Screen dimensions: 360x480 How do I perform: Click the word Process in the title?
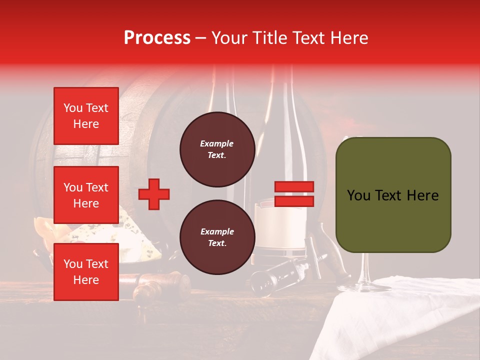157,38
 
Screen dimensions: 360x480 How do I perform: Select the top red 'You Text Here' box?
86,116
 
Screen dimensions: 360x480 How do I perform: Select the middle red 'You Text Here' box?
86,195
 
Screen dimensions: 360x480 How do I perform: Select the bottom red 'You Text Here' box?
86,272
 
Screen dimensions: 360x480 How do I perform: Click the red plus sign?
154,193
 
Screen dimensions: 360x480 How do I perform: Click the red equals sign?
294,194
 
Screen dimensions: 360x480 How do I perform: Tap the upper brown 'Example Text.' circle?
217,149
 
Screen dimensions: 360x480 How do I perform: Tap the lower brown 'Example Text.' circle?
217,237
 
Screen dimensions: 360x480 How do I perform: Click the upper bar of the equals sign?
294,187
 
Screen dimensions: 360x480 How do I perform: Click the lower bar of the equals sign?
294,201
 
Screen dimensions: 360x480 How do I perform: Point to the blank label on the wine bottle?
280,225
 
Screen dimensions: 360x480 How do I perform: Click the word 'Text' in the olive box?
392,195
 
